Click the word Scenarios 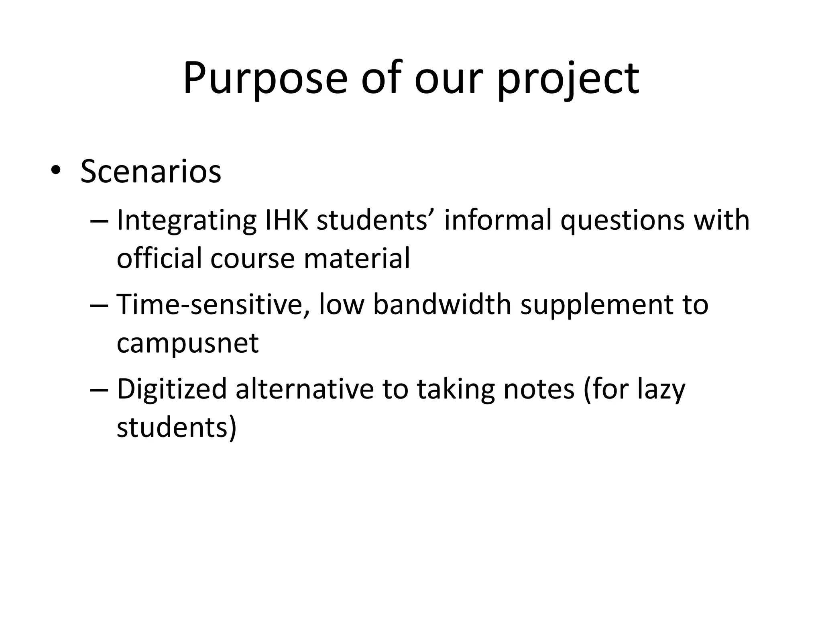pyautogui.click(x=151, y=172)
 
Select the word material pyautogui.click(x=357, y=258)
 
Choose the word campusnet pyautogui.click(x=187, y=343)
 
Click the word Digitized pyautogui.click(x=172, y=390)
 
